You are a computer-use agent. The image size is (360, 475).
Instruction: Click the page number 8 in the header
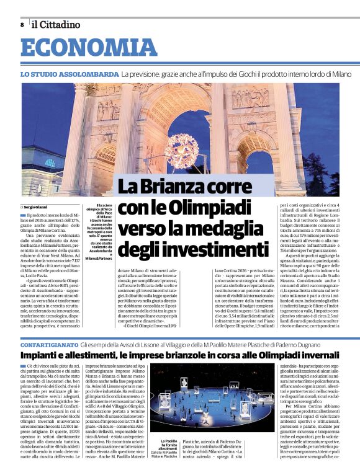click(22, 25)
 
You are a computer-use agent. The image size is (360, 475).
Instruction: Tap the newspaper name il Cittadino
click(56, 25)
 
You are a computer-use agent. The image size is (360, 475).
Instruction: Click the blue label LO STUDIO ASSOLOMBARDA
click(68, 74)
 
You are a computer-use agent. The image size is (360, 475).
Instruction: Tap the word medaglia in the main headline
click(231, 228)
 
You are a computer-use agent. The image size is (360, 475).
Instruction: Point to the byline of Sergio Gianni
click(34, 207)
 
